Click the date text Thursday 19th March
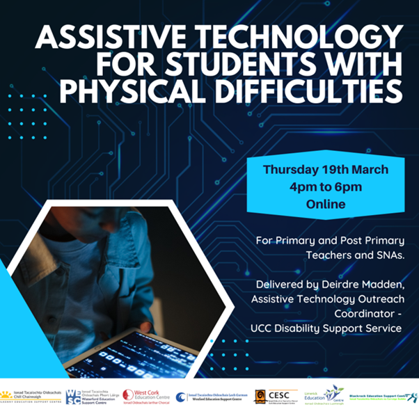click(x=326, y=170)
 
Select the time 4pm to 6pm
click(x=326, y=187)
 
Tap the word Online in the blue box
click(x=326, y=205)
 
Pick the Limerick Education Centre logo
click(x=324, y=395)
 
